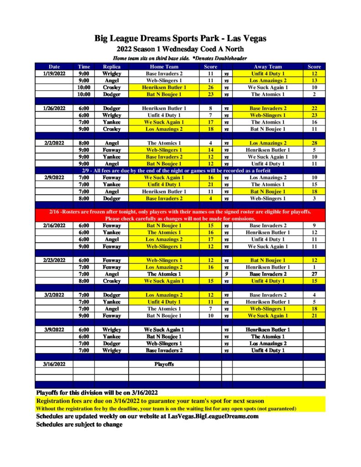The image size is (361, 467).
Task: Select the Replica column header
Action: point(111,67)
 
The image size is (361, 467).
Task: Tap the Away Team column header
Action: point(267,67)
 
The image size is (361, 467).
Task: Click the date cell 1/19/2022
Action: point(54,73)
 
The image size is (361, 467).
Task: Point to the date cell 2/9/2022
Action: point(54,177)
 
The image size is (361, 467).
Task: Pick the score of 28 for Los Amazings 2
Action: point(314,143)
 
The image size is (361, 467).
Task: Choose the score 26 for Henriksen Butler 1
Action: point(210,87)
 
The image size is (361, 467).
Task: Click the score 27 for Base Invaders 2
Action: point(314,274)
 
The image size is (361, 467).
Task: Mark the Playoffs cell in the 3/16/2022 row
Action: point(164,364)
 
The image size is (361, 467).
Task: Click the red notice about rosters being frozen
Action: point(180,215)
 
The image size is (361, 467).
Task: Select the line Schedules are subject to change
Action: point(79,425)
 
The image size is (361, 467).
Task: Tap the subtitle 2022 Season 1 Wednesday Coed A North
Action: point(180,49)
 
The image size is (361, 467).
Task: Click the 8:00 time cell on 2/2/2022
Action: point(84,143)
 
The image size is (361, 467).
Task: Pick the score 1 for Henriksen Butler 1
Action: point(314,267)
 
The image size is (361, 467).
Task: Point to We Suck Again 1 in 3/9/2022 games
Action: point(164,330)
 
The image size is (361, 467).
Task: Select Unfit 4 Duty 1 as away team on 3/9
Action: point(267,350)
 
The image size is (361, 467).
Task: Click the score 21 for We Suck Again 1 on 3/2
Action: point(314,316)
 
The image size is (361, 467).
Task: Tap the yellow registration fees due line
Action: point(180,400)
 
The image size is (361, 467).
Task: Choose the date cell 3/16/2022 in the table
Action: point(54,364)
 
